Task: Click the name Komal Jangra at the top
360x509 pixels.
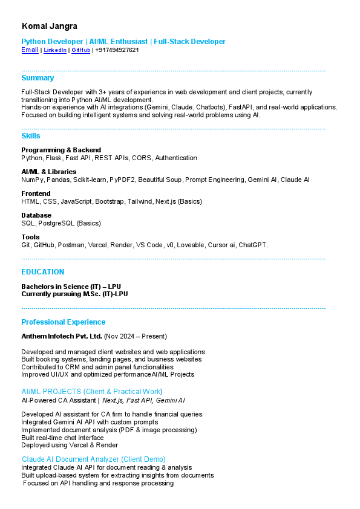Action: click(50, 26)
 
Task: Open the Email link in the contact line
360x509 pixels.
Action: click(30, 50)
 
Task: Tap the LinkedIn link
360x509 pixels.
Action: click(55, 50)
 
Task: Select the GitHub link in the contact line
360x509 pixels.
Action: click(80, 50)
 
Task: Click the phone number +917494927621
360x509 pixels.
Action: click(117, 50)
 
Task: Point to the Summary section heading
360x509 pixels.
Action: click(38, 78)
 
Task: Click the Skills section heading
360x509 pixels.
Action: click(31, 136)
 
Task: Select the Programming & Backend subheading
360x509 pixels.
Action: click(61, 150)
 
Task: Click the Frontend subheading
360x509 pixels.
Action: click(36, 193)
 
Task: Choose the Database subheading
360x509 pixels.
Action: click(36, 215)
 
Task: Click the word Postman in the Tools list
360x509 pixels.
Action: click(70, 245)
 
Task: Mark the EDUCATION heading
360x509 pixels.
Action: click(43, 272)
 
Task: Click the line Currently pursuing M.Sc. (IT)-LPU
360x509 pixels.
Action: click(74, 294)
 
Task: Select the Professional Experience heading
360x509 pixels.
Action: click(64, 322)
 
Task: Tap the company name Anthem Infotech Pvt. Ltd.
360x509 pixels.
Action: click(62, 336)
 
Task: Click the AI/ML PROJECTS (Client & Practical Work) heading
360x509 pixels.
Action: click(92, 392)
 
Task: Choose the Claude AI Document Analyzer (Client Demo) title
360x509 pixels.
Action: click(94, 459)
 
